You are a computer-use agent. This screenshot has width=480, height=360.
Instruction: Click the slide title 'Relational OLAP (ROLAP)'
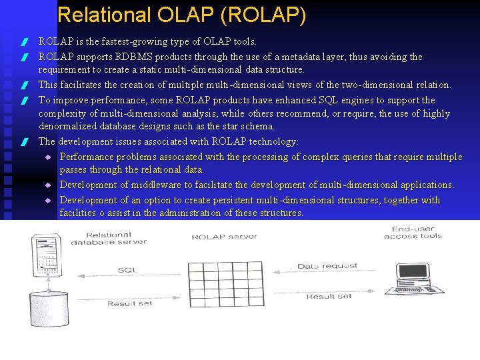182,15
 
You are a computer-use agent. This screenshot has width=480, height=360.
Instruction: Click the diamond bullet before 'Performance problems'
48,157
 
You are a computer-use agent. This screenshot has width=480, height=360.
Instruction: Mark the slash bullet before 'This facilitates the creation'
23,86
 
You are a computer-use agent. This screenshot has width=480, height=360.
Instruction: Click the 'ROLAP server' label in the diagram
224,237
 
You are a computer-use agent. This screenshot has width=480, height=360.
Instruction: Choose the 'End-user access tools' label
413,233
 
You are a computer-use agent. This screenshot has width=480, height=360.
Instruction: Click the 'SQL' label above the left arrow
127,269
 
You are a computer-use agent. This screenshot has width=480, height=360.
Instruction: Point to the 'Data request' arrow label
327,266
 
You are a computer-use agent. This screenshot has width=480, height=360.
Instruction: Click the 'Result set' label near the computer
329,296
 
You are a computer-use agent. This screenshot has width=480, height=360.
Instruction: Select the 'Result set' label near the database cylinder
129,303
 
